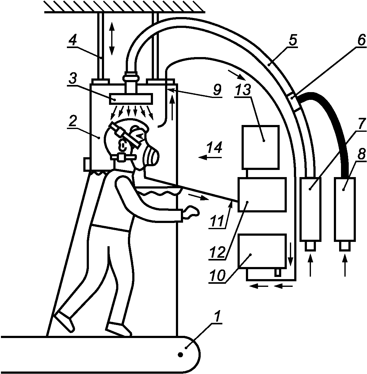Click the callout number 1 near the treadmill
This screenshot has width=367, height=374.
tap(218, 317)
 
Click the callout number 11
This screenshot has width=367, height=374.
tap(218, 223)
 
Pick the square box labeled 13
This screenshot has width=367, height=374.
tap(260, 147)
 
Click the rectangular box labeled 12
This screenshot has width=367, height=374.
tap(261, 195)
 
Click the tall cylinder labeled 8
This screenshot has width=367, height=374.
tap(345, 210)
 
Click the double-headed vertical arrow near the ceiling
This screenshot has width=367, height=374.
tap(112, 38)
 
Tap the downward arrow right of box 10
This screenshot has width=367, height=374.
tap(290, 253)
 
